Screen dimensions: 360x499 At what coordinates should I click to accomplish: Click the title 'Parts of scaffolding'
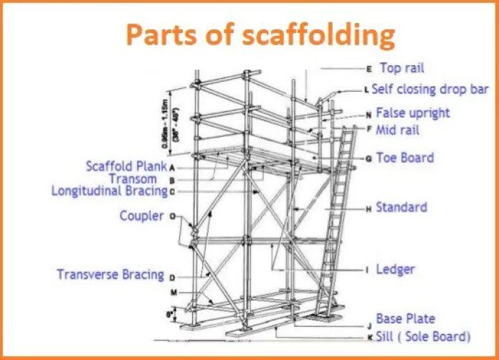261,33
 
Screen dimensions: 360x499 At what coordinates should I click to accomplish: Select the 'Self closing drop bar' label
429,90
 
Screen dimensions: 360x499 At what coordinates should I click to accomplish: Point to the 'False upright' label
413,113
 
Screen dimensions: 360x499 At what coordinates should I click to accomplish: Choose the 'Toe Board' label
405,157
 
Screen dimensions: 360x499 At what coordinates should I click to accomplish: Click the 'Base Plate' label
405,318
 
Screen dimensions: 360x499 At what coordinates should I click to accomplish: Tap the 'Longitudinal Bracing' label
109,191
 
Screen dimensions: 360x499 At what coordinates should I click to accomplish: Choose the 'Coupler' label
142,214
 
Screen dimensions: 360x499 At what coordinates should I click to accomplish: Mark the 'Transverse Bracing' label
110,274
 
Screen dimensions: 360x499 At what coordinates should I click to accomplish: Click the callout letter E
369,70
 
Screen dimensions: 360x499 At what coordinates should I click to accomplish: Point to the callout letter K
369,336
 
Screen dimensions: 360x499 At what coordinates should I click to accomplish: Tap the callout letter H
369,209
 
